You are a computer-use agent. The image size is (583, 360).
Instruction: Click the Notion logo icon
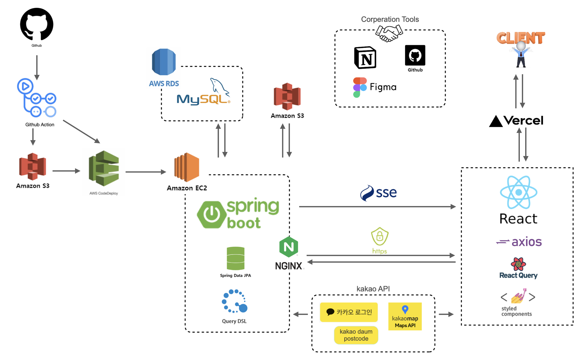point(365,58)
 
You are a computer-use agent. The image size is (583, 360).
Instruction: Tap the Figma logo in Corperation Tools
point(360,87)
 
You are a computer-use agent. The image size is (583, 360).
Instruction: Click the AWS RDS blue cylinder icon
point(164,62)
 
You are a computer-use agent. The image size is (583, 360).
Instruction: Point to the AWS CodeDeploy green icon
point(104,168)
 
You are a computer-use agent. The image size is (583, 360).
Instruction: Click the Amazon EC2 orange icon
point(187,167)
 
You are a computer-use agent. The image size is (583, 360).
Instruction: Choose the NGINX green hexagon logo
point(289,247)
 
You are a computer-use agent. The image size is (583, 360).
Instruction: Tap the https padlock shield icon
point(380,236)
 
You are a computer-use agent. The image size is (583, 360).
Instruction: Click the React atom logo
point(519,192)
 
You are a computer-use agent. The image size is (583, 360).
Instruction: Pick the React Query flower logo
point(518,264)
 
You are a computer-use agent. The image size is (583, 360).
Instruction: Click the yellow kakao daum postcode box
point(356,335)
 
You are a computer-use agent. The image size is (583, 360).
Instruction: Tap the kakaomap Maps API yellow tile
point(405,317)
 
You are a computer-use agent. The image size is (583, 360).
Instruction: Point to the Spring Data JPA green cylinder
point(236,258)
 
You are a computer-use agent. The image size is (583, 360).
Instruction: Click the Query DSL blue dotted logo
point(234,301)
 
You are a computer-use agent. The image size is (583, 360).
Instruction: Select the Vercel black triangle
point(496,121)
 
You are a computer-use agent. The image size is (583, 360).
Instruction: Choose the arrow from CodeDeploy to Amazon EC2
point(145,172)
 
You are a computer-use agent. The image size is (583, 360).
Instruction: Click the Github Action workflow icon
point(37,98)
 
